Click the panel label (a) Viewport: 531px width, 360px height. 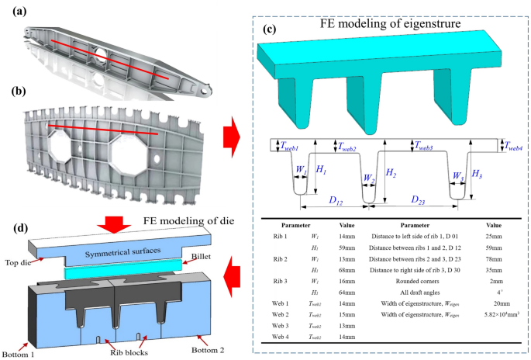pos(15,11)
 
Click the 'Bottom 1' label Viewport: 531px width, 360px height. pos(16,354)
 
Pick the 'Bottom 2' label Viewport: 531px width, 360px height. pos(211,348)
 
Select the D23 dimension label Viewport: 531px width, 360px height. pos(421,200)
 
